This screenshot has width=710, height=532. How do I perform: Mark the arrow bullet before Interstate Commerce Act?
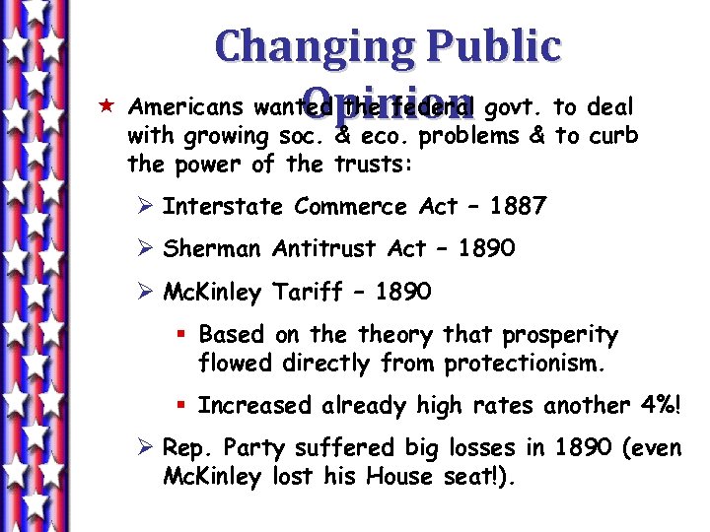pyautogui.click(x=143, y=207)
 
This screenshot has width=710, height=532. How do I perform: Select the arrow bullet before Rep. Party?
pyautogui.click(x=143, y=449)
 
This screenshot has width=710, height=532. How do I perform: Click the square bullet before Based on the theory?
pyautogui.click(x=184, y=336)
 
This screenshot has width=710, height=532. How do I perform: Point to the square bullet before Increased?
pyautogui.click(x=184, y=406)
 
